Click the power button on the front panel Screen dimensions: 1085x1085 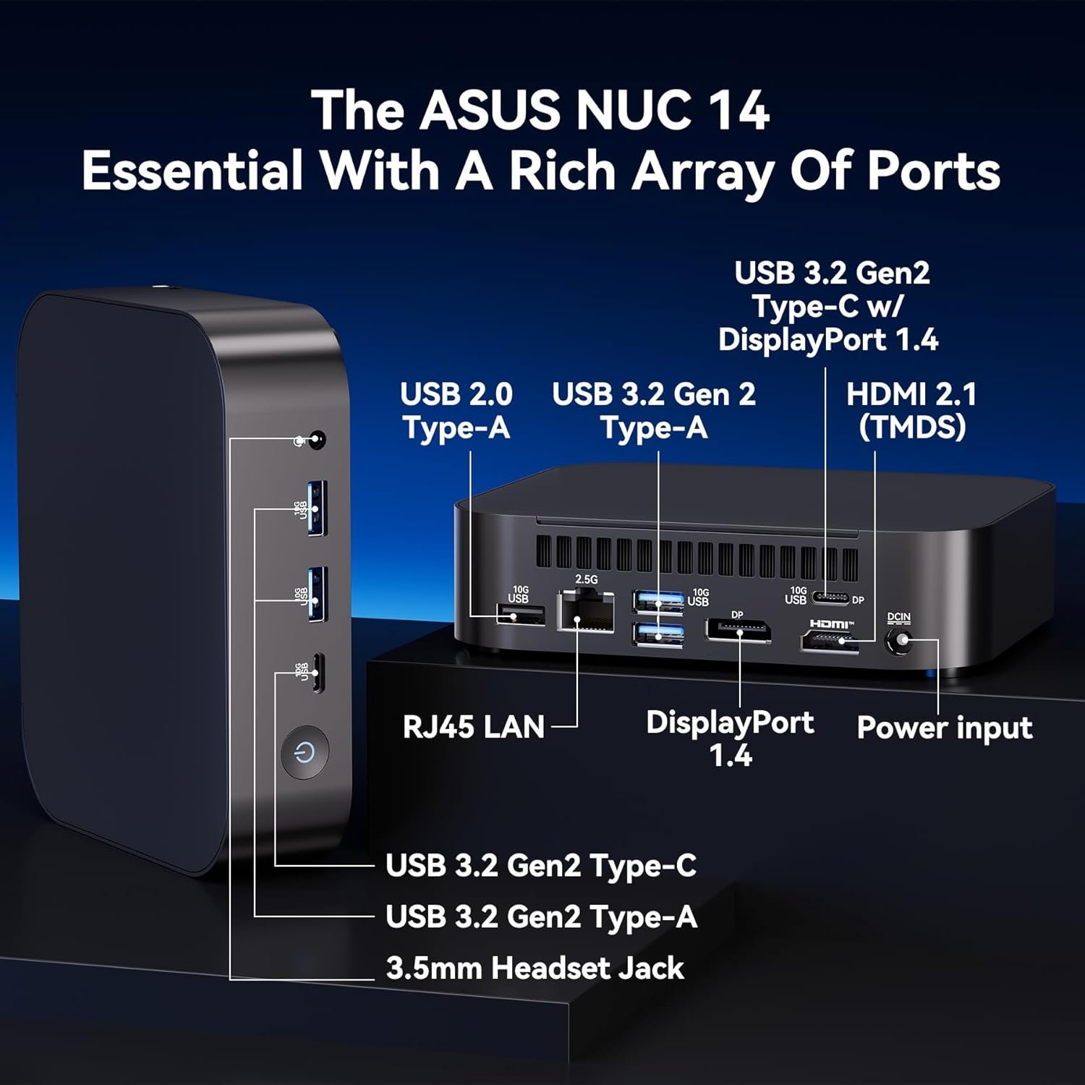pos(305,753)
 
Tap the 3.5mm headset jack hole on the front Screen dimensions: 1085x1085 pos(316,440)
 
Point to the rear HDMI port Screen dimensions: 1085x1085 pos(829,641)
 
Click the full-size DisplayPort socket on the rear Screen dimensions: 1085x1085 pos(739,631)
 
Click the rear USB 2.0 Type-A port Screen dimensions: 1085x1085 pos(521,616)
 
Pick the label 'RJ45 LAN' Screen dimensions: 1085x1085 pos(473,727)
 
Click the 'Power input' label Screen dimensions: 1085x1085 pos(944,728)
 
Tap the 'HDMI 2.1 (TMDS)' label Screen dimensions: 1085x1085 pos(911,410)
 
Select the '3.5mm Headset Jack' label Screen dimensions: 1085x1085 pos(535,968)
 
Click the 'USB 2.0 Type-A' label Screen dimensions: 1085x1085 pos(456,410)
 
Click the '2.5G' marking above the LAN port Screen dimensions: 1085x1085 pos(586,579)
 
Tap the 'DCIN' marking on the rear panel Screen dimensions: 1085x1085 pos(898,617)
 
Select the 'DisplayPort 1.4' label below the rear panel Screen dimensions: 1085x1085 pos(730,739)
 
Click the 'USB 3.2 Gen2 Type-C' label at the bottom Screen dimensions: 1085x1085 pos(541,866)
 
